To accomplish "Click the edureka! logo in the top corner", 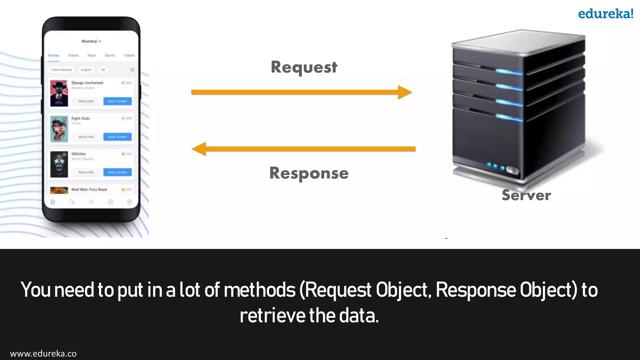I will (x=605, y=14).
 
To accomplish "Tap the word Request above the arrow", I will (x=304, y=67).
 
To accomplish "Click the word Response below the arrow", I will (x=309, y=173).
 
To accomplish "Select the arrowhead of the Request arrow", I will (x=405, y=92).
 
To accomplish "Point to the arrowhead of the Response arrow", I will (x=199, y=149).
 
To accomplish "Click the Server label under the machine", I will (x=526, y=195).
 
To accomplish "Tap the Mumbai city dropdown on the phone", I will (x=91, y=41).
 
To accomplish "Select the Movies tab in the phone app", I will (x=53, y=55).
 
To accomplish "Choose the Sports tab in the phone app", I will (x=110, y=55).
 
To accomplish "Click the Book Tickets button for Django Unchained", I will (x=117, y=101).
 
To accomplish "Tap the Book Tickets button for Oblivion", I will (x=117, y=172).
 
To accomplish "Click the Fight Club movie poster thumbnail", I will (x=59, y=129).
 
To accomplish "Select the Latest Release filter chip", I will (x=62, y=70).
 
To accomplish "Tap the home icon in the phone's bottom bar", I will (x=53, y=202).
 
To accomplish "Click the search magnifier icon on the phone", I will (x=72, y=202).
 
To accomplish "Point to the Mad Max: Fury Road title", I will (x=89, y=189).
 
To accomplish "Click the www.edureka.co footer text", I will (x=43, y=353).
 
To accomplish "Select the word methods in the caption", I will (x=259, y=290).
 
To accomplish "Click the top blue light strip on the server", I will (x=509, y=72).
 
